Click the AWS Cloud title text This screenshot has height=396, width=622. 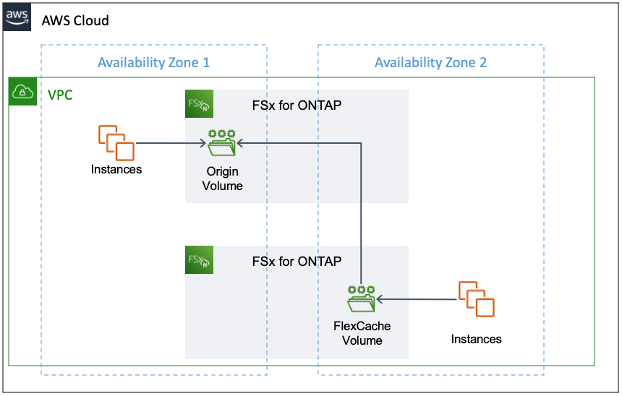(75, 20)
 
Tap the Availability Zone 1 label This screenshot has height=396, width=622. (153, 62)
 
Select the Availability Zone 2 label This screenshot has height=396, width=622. (430, 62)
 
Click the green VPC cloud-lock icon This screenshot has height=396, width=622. (22, 92)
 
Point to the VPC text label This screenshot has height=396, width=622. (60, 95)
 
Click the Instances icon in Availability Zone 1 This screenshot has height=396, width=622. (116, 142)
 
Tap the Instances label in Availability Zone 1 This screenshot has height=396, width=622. (116, 170)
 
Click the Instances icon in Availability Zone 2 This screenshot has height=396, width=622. (477, 298)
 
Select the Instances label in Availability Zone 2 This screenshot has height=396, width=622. (476, 339)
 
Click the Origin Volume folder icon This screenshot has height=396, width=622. (222, 143)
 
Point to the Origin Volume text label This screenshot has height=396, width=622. (222, 178)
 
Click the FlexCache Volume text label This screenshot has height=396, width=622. (362, 333)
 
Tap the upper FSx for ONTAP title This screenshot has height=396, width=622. (296, 106)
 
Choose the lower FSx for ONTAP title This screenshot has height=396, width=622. (296, 262)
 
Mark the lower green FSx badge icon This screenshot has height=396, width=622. (199, 260)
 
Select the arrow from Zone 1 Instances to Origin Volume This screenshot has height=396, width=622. (170, 143)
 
